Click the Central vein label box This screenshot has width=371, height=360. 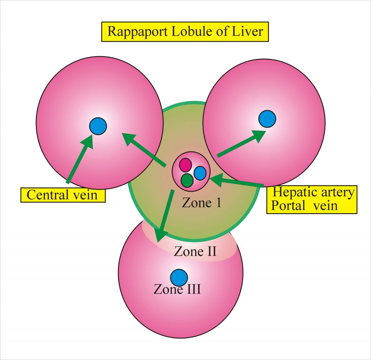(62, 195)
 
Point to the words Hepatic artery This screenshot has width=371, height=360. (313, 193)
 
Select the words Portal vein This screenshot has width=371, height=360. (304, 206)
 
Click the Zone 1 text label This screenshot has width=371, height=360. (201, 203)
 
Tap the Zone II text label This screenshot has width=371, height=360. (195, 251)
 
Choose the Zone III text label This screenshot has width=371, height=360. (177, 290)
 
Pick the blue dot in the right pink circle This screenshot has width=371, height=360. (267, 119)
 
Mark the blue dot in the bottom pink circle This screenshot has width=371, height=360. (179, 277)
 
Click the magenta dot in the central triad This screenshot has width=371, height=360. (185, 165)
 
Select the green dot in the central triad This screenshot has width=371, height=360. (187, 180)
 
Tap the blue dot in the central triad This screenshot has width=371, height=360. (200, 173)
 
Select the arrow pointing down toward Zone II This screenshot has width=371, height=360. (165, 216)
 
